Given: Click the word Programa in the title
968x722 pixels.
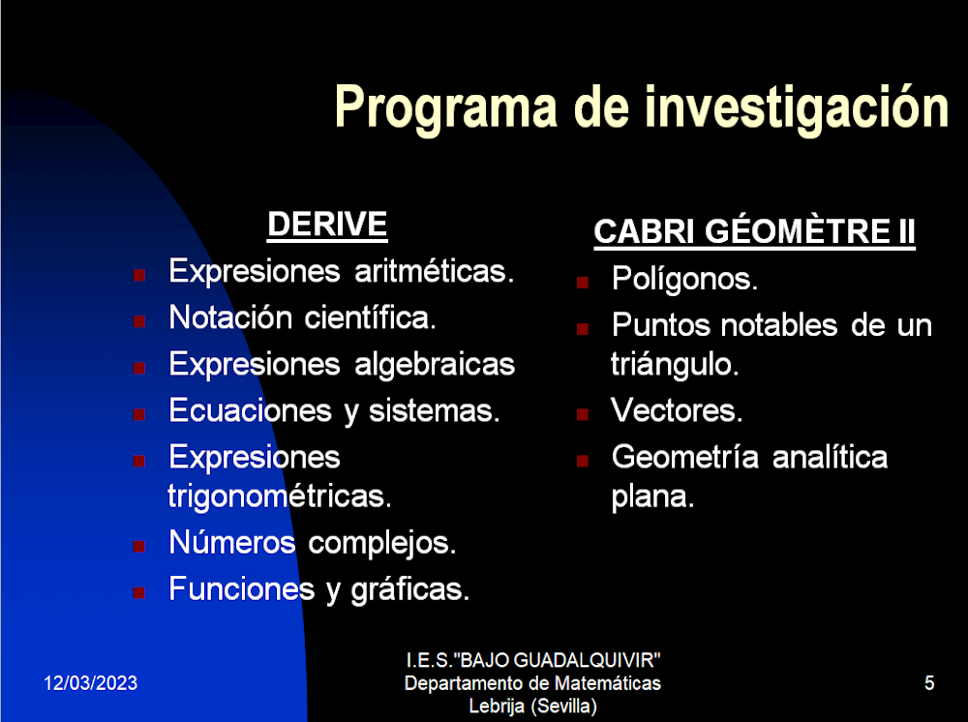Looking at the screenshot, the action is click(445, 109).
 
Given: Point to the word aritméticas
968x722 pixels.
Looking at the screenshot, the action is click(434, 272).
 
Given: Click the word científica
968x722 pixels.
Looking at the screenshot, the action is click(371, 317).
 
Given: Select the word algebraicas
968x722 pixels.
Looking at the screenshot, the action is click(435, 365).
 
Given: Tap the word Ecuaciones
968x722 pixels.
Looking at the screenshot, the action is click(251, 411).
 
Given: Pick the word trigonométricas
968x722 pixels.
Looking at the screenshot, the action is click(280, 496).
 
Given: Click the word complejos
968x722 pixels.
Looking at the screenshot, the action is click(382, 544).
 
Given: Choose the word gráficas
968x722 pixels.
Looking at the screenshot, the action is click(409, 590).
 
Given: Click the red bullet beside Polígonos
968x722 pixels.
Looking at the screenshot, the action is click(582, 283).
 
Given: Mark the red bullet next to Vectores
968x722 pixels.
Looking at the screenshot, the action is click(582, 414).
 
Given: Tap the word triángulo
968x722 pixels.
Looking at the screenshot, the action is click(675, 365).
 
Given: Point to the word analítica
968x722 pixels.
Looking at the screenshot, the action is click(830, 457).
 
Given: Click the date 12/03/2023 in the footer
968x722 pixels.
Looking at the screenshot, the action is click(91, 683).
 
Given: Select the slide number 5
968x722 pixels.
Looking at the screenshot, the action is click(929, 683).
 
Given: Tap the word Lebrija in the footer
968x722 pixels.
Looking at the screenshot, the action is click(497, 706).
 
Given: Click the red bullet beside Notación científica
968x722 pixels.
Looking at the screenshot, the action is click(138, 321).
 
